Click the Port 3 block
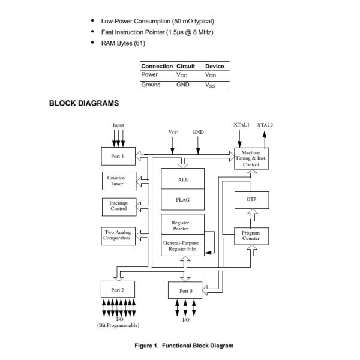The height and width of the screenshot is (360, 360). coord(118,157)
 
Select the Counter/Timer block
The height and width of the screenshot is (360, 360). coord(116,181)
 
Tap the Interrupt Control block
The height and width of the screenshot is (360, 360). coord(118,206)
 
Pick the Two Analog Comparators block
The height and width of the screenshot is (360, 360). coord(118,235)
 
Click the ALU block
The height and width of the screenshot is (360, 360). coord(184,179)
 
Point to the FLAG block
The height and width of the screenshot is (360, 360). coord(184,200)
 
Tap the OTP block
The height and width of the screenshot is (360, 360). coord(251,199)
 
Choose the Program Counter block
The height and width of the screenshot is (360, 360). coord(251,236)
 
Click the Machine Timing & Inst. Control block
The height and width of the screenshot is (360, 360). coord(251,158)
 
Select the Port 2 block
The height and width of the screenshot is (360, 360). coord(118,290)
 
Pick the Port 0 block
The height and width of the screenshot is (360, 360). coord(186,290)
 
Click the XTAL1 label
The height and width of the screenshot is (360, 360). coord(241,124)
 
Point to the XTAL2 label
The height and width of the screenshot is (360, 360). coord(265,125)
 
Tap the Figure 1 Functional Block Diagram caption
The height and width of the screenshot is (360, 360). coord(184,346)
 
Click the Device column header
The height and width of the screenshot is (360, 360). coord(214,66)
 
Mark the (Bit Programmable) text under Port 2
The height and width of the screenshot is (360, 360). coord(118,325)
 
